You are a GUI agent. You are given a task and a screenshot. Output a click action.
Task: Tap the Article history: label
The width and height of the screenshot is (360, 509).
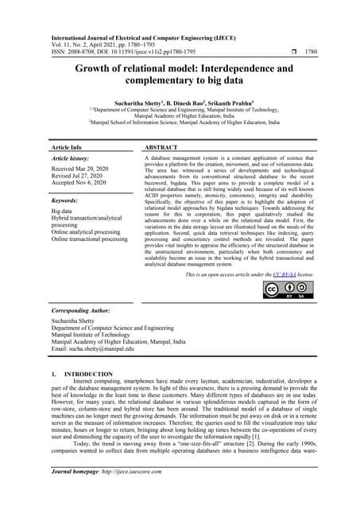point(73,160)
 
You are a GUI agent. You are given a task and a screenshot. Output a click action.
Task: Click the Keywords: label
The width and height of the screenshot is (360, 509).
point(67,202)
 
